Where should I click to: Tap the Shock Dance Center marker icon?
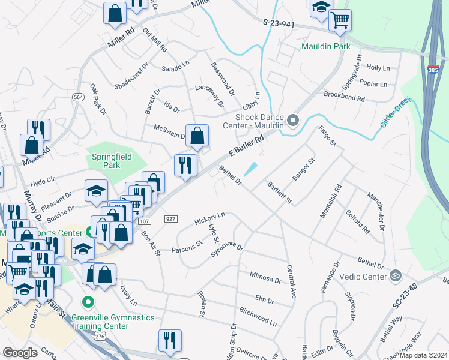pyautogui.click(x=293, y=121)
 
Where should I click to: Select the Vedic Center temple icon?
pyautogui.click(x=395, y=275)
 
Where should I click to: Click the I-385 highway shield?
pyautogui.click(x=433, y=70)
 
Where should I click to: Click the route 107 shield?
pyautogui.click(x=144, y=221)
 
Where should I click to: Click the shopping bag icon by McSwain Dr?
pyautogui.click(x=197, y=136)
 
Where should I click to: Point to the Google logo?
pyautogui.click(x=20, y=353)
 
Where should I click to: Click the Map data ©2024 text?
pyautogui.click(x=424, y=355)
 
